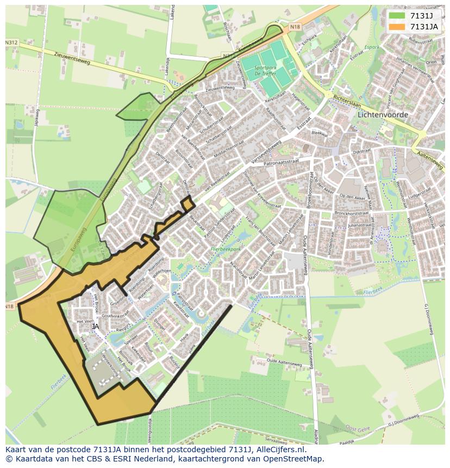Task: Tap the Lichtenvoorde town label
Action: tap(383, 115)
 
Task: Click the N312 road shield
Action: tap(11, 42)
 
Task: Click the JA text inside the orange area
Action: tap(96, 327)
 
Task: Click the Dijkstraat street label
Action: tap(361, 154)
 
